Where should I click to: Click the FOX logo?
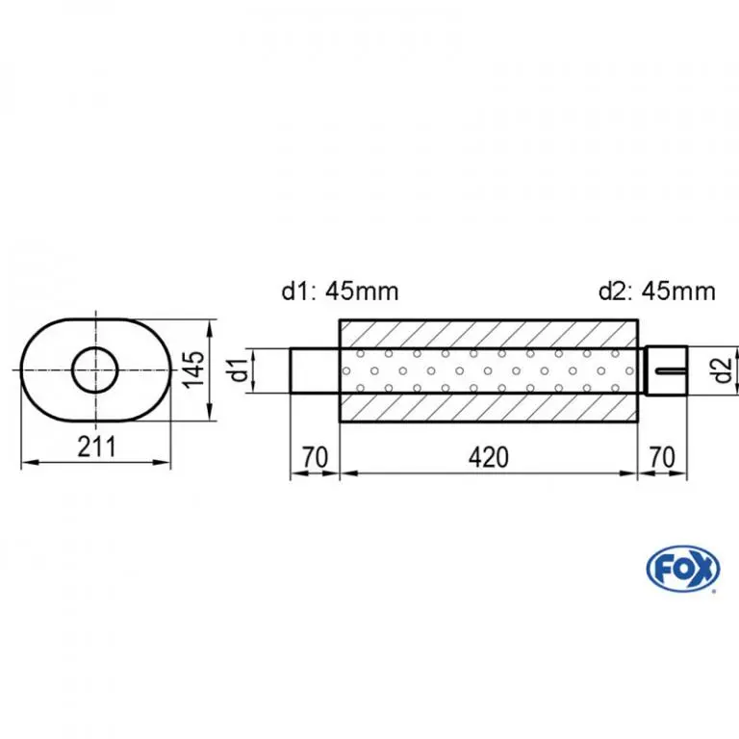tap(683, 569)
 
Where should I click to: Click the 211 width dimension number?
tap(96, 446)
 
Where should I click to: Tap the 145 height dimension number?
tap(194, 369)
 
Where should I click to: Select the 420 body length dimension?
tap(489, 457)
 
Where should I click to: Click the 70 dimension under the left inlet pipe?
tap(315, 457)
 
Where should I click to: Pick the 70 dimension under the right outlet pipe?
tap(662, 457)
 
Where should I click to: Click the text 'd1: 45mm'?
tap(340, 291)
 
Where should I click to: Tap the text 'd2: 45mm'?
tap(657, 291)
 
